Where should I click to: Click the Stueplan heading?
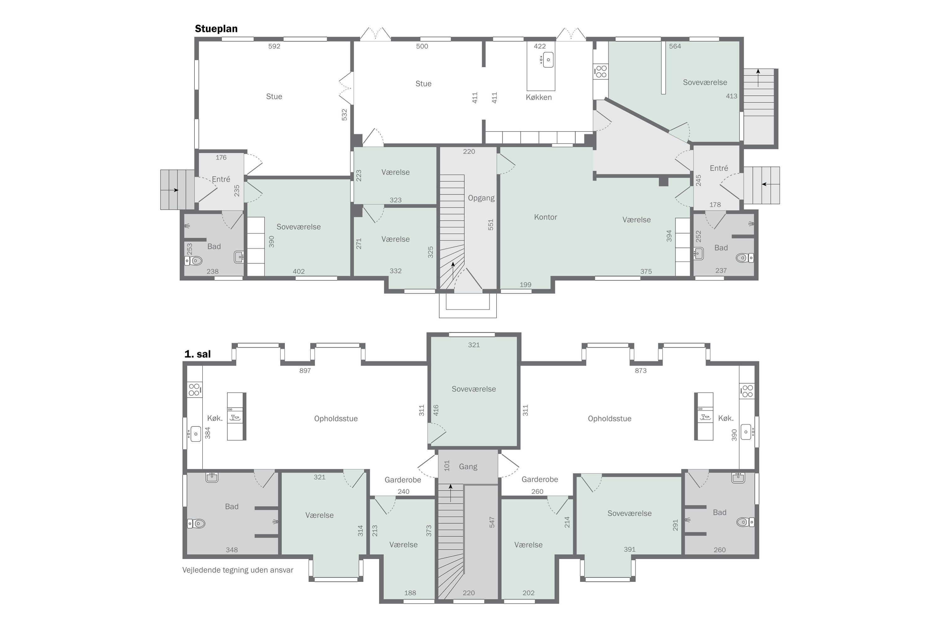click(216, 29)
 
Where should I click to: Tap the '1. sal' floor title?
click(197, 354)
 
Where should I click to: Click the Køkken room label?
click(538, 97)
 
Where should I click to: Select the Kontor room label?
click(545, 217)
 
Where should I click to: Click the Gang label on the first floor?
click(468, 467)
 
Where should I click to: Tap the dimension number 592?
click(274, 46)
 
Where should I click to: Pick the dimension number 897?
click(305, 371)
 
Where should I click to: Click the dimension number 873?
click(641, 371)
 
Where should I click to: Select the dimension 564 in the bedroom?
click(675, 46)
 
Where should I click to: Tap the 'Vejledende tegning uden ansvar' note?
click(238, 570)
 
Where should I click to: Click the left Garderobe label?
click(403, 480)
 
